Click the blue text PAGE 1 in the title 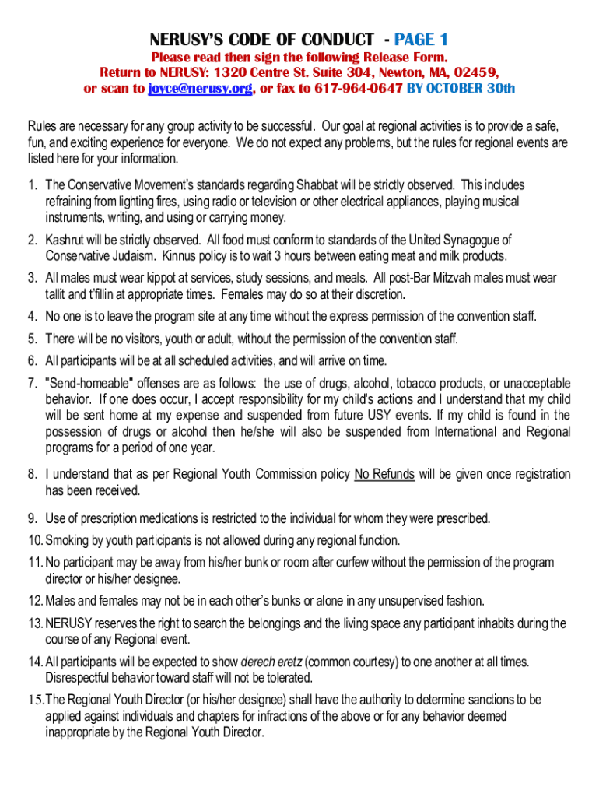pos(421,40)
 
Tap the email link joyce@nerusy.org pos(199,89)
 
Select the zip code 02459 pos(467,73)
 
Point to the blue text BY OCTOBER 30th pos(461,89)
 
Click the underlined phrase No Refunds pos(384,474)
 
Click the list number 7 pos(33,384)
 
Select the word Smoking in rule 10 pos(66,540)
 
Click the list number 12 pos(34,600)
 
